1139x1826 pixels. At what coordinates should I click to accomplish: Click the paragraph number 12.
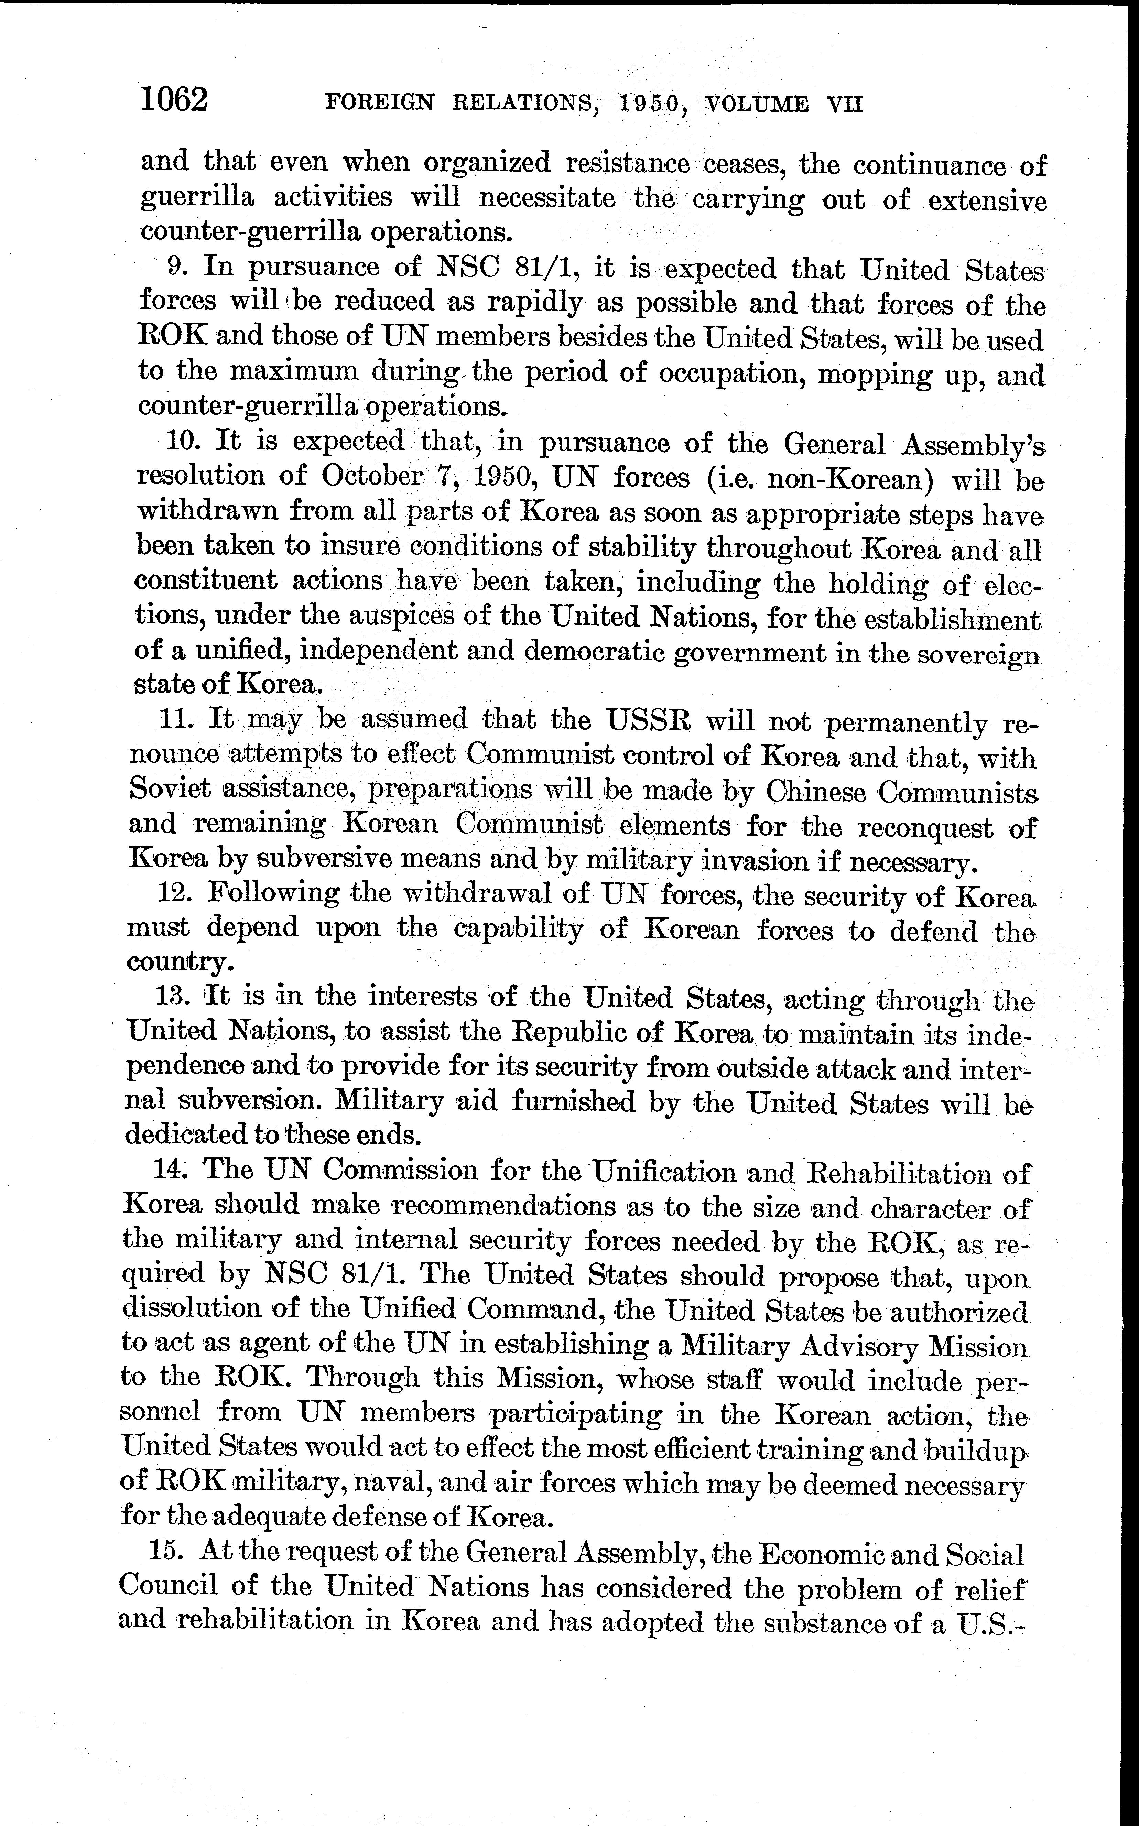pyautogui.click(x=175, y=893)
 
